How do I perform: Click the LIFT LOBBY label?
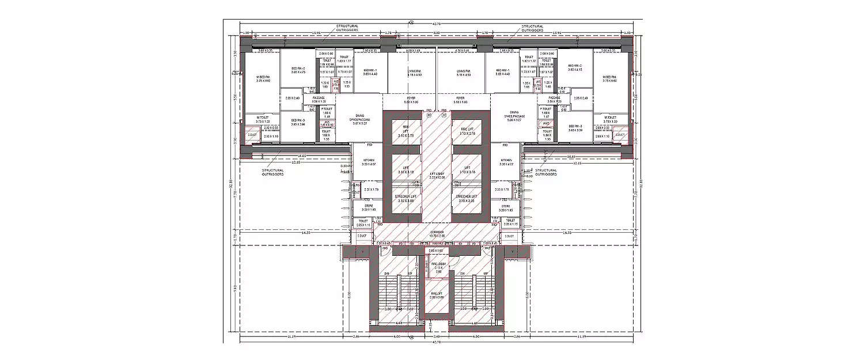click(x=437, y=175)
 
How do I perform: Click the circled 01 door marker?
click(x=429, y=115)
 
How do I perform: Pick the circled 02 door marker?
click(x=445, y=115)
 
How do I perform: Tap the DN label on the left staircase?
click(x=387, y=273)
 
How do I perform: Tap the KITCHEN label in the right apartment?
click(x=506, y=162)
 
